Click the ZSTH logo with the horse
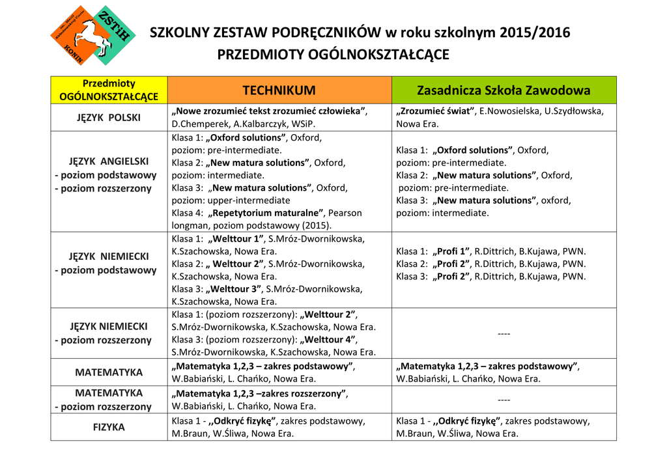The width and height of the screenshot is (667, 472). tap(92, 37)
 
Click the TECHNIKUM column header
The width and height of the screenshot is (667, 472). tap(279, 90)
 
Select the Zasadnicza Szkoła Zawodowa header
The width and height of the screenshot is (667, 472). tap(504, 90)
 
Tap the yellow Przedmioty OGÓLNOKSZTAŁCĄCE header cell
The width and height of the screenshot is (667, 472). tap(109, 90)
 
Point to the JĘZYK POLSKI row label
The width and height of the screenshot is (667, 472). tap(109, 118)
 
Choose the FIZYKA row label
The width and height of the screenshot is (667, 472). tap(109, 428)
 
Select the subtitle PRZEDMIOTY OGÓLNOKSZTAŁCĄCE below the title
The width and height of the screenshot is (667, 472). tap(333, 55)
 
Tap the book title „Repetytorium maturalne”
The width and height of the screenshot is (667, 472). tap(266, 213)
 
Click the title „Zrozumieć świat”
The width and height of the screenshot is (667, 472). tap(435, 111)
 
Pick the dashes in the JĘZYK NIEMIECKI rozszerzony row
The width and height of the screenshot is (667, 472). tap(504, 333)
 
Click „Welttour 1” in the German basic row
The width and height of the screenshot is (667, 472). tap(234, 238)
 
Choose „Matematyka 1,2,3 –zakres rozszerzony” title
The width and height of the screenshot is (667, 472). tap(259, 393)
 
